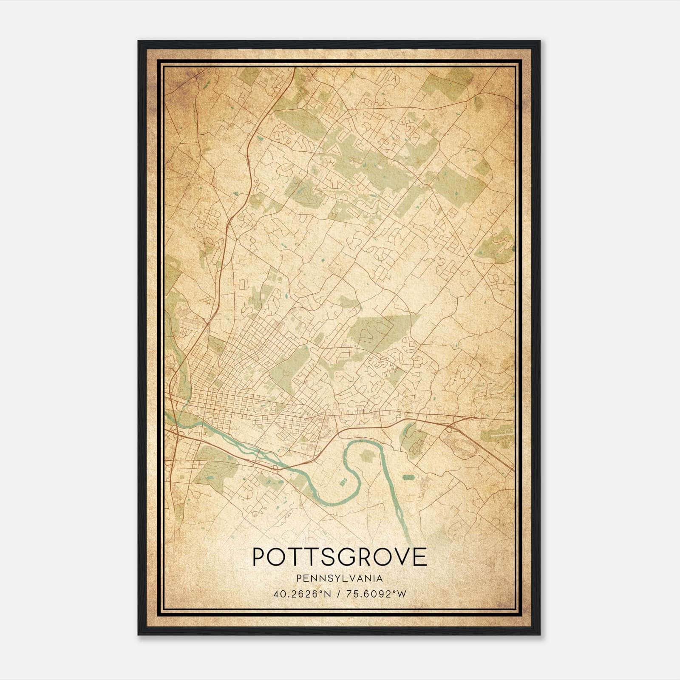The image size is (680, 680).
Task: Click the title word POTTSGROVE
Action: point(340,557)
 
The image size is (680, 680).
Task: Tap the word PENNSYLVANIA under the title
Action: point(340,578)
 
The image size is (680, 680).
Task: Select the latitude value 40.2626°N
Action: point(302,594)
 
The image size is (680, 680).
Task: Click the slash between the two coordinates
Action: point(337,594)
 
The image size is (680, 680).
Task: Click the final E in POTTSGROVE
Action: point(420,557)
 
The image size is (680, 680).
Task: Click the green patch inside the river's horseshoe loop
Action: point(366,456)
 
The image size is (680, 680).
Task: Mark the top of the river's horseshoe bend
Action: point(357,442)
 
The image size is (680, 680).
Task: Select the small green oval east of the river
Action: point(408,477)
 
